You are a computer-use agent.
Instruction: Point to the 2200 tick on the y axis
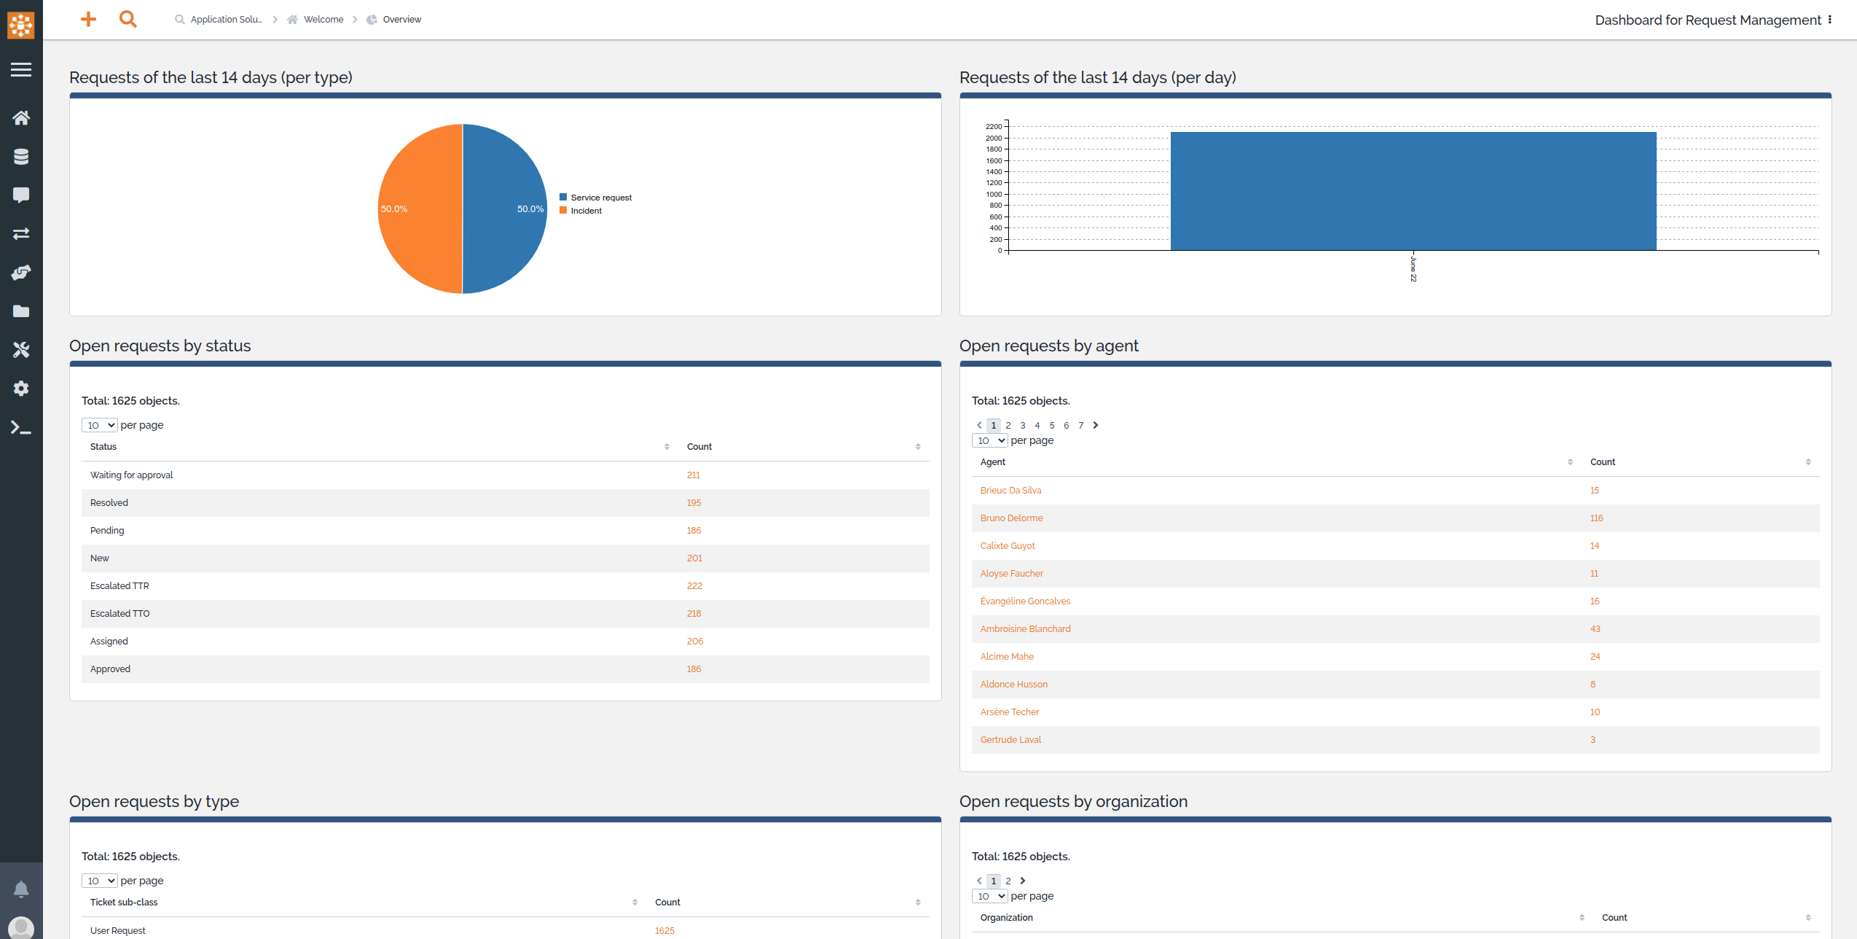(994, 127)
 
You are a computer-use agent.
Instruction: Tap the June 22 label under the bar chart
(1413, 269)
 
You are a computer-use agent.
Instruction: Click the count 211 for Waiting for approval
(693, 475)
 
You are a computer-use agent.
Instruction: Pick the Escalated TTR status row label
(119, 586)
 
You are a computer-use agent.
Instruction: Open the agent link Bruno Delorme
(1011, 518)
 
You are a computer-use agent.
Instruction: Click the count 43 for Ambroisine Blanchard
(1595, 629)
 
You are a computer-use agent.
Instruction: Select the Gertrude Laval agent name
(1010, 740)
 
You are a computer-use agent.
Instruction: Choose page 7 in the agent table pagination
(1080, 426)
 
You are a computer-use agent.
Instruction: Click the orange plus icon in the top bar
(88, 20)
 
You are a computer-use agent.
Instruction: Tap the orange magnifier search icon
(128, 20)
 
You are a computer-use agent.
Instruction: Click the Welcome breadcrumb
(323, 20)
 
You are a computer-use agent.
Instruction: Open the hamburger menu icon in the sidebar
(21, 70)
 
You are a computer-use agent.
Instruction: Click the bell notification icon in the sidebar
(21, 889)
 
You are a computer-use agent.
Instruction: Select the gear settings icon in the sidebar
(21, 389)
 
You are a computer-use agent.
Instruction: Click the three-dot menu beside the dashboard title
(1829, 20)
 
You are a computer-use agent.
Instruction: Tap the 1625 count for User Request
(664, 931)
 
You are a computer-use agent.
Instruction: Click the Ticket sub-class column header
(124, 903)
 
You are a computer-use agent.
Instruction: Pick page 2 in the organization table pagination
(1008, 881)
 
